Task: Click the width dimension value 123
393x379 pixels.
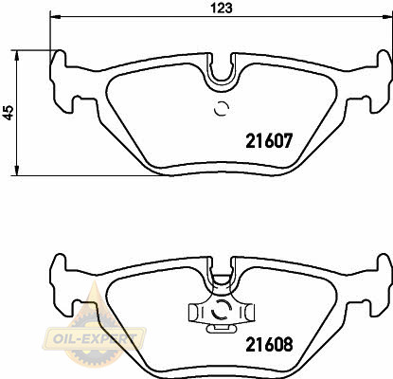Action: (x=222, y=8)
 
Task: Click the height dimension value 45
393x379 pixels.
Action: (x=9, y=113)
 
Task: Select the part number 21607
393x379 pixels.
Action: (x=269, y=141)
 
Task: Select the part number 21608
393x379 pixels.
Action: (x=269, y=345)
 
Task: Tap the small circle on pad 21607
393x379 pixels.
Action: (x=222, y=109)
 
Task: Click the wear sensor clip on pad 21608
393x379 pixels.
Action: (x=222, y=313)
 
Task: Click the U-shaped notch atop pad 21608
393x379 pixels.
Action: (x=222, y=272)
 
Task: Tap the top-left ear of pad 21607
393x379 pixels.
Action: (x=59, y=60)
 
